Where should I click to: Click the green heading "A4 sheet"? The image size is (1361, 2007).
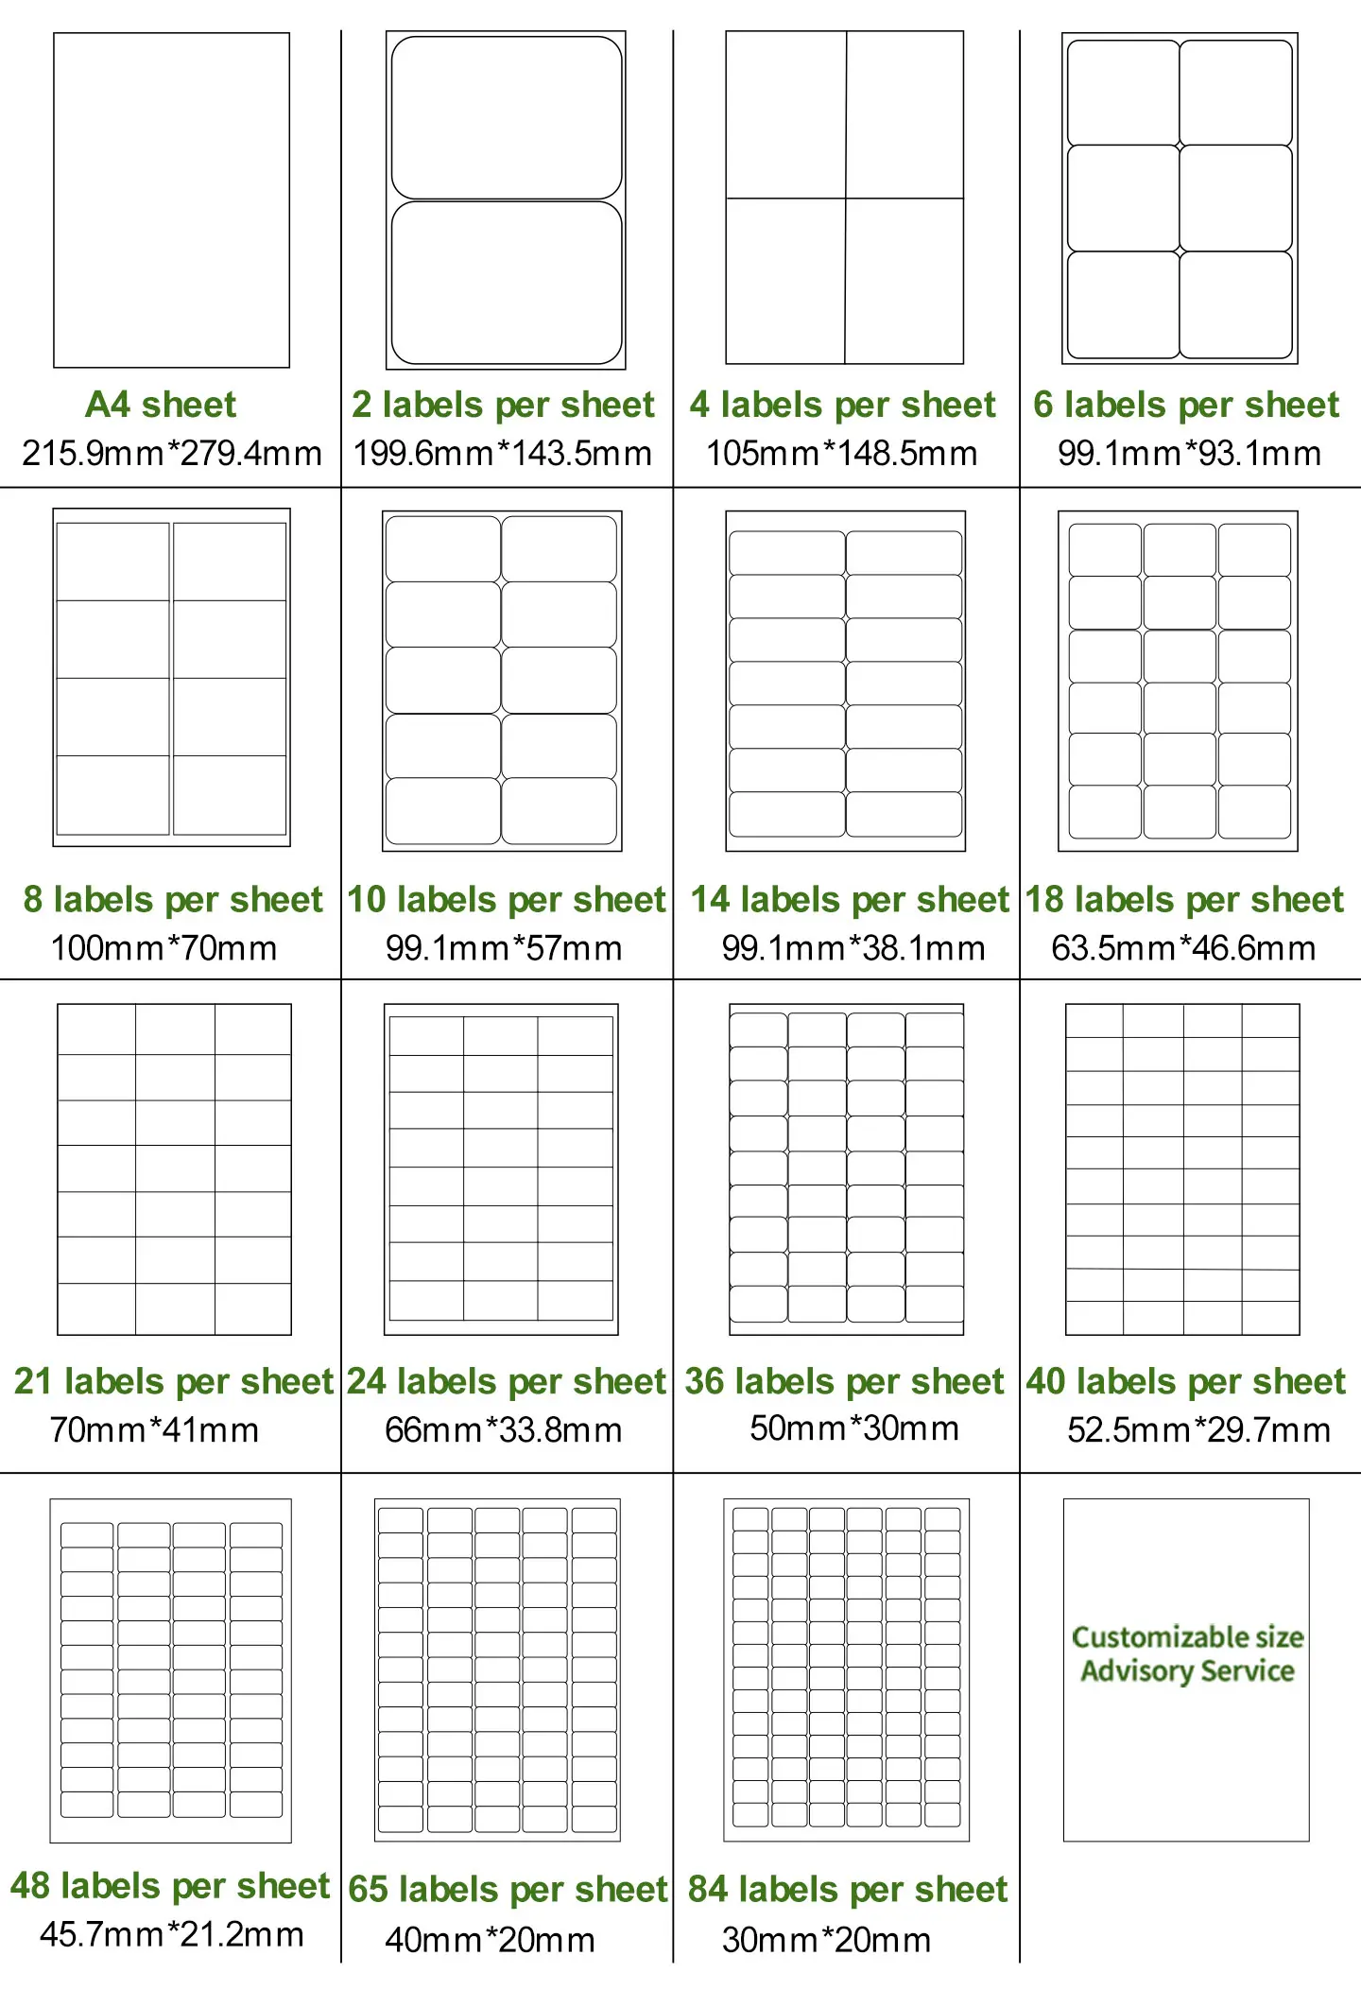pos(161,405)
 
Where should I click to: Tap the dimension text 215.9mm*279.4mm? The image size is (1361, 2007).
pos(172,453)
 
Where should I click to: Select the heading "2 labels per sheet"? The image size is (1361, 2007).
pos(503,405)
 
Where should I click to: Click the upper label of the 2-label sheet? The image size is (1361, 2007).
pos(507,118)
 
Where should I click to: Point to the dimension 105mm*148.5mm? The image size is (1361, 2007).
pos(842,453)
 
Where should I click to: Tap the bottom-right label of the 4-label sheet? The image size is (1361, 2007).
pos(904,281)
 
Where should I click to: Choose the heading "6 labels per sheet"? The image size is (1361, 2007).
pos(1186,405)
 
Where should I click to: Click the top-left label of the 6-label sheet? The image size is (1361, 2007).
pos(1123,93)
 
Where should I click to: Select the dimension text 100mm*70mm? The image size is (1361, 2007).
pos(164,947)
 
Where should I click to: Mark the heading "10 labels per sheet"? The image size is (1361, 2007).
pos(507,899)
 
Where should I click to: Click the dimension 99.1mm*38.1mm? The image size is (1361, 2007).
pos(853,947)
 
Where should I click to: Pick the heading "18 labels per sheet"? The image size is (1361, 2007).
pos(1184,899)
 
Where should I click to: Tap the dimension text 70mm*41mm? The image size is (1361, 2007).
pos(154,1429)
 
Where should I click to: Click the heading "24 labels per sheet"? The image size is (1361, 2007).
pos(507,1381)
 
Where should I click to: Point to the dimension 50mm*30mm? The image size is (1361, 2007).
pos(854,1427)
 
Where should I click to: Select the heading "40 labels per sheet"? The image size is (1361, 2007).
pos(1186,1381)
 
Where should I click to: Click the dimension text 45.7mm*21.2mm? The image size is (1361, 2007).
pos(172,1934)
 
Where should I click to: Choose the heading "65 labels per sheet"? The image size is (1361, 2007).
pos(508,1889)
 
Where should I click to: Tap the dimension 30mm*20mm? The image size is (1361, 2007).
pos(826,1940)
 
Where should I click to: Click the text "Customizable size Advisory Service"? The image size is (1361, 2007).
pos(1187,1653)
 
